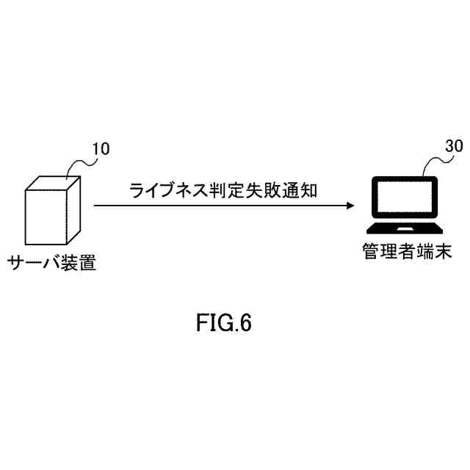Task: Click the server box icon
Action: tap(52, 210)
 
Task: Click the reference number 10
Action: tap(100, 150)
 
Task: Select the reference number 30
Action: tap(454, 146)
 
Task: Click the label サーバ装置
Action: tap(52, 262)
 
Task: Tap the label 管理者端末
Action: tap(406, 251)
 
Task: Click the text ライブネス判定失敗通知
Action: tap(223, 190)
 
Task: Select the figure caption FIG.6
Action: tap(224, 323)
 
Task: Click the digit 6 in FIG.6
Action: tap(245, 323)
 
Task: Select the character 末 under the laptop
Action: tap(441, 251)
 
